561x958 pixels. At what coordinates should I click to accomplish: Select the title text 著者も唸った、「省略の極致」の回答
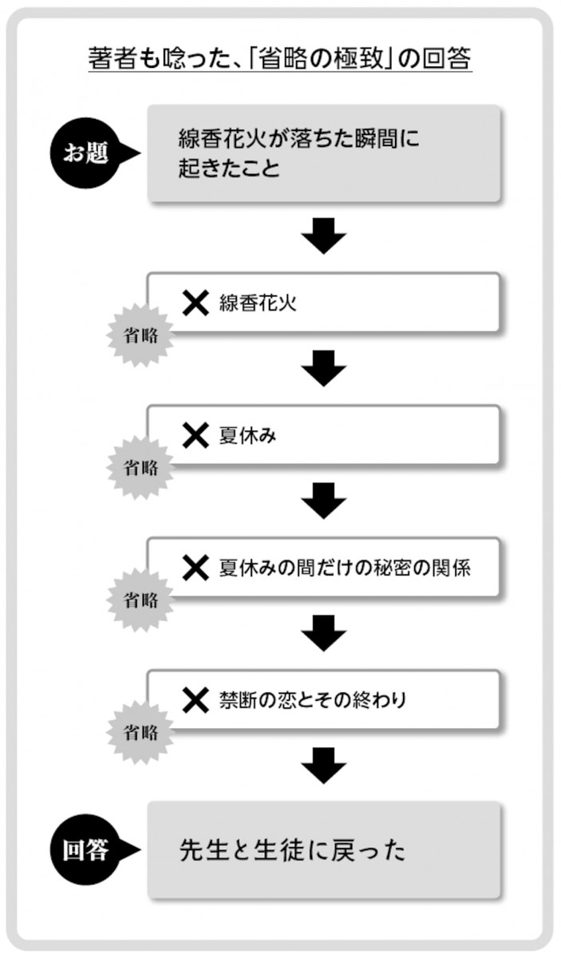[x=280, y=59]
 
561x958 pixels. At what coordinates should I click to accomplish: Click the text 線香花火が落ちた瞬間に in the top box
[x=298, y=139]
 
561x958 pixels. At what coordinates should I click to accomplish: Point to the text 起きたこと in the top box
[x=230, y=168]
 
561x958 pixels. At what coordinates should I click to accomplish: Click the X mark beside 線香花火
[x=196, y=303]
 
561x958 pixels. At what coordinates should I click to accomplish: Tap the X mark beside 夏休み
[x=196, y=435]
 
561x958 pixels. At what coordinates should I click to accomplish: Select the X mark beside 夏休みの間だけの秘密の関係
[x=196, y=568]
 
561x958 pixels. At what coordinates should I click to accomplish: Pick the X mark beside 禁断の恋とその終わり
[x=196, y=700]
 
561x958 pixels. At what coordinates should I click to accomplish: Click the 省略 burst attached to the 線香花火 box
[x=140, y=335]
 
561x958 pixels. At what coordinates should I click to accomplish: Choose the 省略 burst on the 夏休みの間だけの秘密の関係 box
[x=140, y=599]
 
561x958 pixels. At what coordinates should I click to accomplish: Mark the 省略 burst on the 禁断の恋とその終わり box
[x=140, y=731]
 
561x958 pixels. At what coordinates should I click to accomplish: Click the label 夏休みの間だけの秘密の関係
[x=345, y=568]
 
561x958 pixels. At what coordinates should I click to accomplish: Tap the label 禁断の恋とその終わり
[x=313, y=700]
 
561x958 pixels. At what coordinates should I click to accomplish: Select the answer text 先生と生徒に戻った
[x=292, y=850]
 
